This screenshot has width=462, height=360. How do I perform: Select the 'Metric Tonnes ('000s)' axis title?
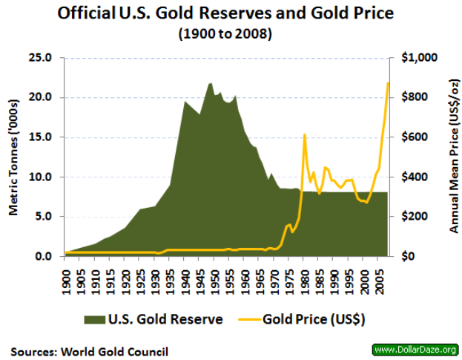point(13,156)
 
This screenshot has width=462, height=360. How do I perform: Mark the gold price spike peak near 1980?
point(305,134)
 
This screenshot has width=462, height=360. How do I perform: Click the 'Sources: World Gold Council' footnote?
point(89,351)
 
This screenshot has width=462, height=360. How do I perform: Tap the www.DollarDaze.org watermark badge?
point(414,349)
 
